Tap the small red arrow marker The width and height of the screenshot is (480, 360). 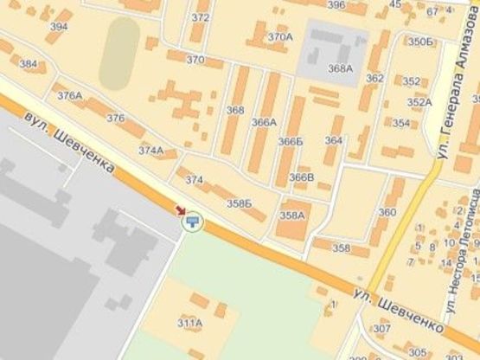coord(180,209)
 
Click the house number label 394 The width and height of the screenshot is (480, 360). coord(59,27)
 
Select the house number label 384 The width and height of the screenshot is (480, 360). coord(29,64)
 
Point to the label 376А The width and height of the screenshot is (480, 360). coord(69,96)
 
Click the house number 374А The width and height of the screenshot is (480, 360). coord(150,150)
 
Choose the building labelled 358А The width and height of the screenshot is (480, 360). coord(292,215)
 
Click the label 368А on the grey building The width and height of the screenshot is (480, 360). coord(340,68)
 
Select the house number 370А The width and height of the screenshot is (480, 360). coord(279,37)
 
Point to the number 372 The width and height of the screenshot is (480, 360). coord(201,17)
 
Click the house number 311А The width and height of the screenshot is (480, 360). coord(189,323)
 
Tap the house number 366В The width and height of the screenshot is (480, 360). coord(302,177)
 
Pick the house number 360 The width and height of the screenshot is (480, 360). coord(387,212)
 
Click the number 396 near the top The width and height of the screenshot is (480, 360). coord(336,5)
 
